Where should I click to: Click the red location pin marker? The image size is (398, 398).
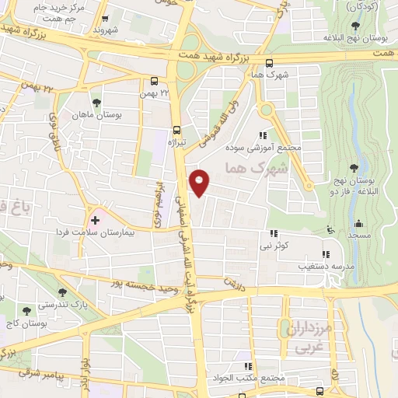200,183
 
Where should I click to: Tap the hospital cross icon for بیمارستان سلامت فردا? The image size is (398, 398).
96,220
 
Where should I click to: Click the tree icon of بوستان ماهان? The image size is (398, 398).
96,103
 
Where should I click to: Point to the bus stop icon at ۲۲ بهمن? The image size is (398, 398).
155,81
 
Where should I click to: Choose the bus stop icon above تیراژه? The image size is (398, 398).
176,130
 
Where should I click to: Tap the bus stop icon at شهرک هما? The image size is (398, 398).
269,64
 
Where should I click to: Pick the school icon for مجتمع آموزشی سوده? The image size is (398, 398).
271,134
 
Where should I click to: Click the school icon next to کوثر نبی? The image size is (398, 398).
274,232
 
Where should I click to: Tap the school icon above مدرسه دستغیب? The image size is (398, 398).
325,253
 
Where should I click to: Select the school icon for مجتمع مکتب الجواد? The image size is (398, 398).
248,366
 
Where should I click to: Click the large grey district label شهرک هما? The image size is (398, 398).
255,168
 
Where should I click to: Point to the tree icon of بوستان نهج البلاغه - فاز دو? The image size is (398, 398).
355,167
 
